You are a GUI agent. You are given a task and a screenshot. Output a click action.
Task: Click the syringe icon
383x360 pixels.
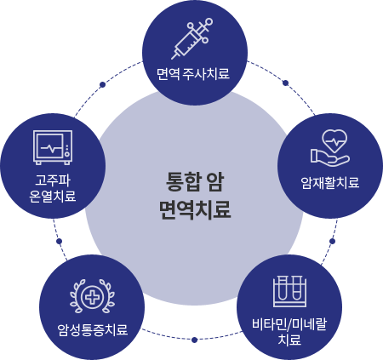click(192, 38)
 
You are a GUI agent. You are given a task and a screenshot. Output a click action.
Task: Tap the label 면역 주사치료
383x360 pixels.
click(193, 74)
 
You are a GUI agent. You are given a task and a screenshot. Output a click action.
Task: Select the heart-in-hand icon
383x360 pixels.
click(330, 147)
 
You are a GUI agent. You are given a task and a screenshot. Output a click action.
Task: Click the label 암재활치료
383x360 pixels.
click(330, 183)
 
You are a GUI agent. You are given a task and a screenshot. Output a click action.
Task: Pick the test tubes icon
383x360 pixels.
click(289, 291)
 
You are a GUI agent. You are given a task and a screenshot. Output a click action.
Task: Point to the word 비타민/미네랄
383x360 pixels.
click(289, 324)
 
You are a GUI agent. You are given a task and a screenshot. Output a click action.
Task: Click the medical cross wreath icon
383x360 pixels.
click(92, 296)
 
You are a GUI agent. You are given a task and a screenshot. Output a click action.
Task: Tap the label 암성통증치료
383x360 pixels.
click(93, 330)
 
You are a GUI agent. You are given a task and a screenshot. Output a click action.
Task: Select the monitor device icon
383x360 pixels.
click(53, 147)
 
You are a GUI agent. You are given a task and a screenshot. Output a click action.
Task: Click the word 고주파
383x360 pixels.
click(53, 180)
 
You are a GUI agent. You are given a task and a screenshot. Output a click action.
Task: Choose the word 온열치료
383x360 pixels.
click(53, 197)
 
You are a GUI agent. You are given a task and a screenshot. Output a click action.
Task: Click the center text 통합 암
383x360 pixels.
click(195, 182)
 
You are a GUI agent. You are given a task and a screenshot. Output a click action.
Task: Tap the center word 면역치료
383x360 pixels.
click(195, 210)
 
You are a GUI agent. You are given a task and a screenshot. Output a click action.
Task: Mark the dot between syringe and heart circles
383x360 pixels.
click(286, 83)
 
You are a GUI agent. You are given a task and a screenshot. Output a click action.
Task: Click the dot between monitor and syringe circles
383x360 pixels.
click(103, 84)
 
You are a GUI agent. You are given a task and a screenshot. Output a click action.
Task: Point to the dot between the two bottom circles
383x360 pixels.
click(194, 340)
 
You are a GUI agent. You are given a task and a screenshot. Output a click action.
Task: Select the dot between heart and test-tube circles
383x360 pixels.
click(333, 241)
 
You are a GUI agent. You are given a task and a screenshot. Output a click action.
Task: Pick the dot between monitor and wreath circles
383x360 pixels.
click(59, 241)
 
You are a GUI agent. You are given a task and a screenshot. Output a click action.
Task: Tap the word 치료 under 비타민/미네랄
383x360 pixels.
click(289, 340)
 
